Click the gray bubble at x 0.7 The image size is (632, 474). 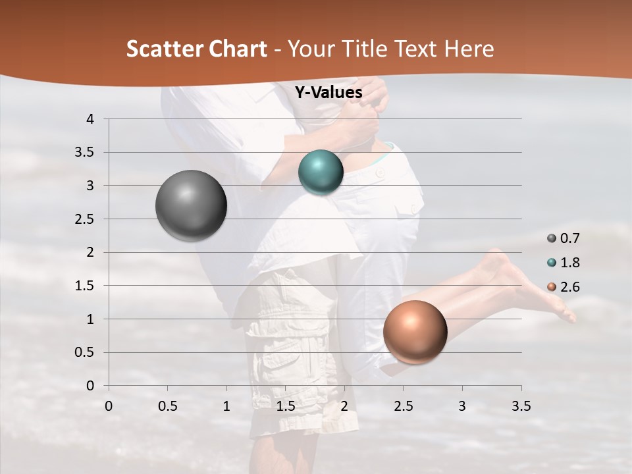(191, 205)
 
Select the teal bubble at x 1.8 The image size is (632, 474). (321, 172)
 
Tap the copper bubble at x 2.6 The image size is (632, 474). (415, 332)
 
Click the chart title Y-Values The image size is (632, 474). (329, 93)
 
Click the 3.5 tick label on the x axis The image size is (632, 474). (521, 406)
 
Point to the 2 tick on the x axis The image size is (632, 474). (344, 406)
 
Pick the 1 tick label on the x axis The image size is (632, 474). (226, 406)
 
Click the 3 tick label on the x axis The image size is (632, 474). (461, 406)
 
